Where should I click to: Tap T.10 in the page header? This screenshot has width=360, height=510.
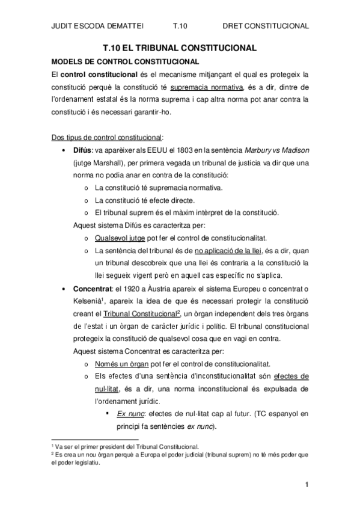181,26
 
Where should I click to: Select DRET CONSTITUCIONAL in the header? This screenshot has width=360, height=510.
266,26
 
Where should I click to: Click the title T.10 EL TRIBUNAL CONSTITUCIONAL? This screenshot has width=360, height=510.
180,48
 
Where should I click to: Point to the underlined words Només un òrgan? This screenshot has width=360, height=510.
119,364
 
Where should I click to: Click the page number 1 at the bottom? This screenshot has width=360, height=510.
307,484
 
